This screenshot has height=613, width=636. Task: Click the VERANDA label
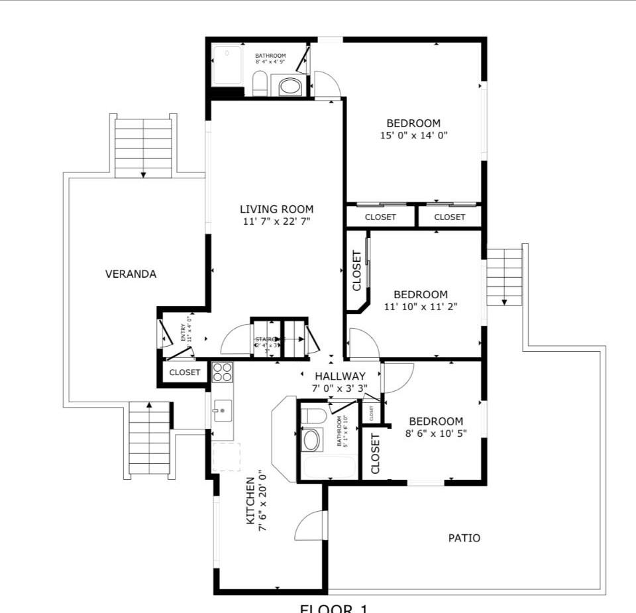[131, 274]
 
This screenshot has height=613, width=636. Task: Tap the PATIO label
[464, 538]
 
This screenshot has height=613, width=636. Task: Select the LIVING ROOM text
[276, 209]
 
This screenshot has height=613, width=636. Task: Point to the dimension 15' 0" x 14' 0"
[413, 135]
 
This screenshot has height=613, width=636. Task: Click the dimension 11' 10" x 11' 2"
[421, 306]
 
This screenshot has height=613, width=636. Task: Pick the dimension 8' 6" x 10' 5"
[435, 433]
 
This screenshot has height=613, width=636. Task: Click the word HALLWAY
[340, 376]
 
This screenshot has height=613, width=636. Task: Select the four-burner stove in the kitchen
[223, 372]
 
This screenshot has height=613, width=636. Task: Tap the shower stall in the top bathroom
[228, 65]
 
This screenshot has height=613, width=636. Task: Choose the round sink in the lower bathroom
[311, 439]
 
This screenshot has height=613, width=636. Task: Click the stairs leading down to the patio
[504, 276]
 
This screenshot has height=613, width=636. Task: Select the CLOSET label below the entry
[184, 372]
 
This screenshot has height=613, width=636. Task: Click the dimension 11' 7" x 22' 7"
[276, 221]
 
